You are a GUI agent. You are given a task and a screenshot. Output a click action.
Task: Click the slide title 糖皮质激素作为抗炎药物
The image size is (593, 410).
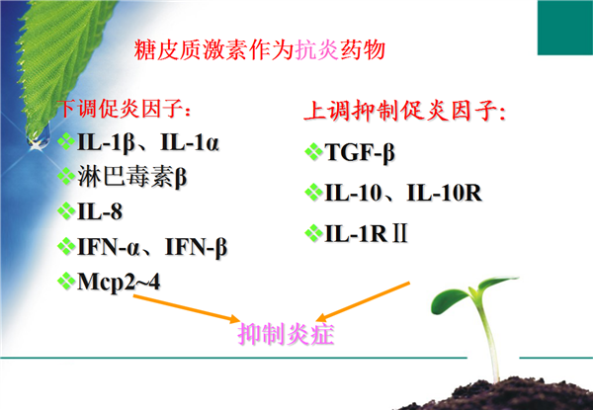coord(259,50)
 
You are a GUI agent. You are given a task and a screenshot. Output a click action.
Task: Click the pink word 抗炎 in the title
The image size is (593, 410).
coord(316,50)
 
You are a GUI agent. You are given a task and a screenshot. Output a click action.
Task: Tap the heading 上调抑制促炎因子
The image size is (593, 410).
coord(404,111)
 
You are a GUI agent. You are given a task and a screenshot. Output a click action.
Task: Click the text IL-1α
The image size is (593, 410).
coord(190,142)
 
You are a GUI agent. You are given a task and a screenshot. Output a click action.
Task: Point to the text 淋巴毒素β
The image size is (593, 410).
coord(132,177)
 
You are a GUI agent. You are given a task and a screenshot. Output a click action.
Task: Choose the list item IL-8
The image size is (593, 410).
coord(100,211)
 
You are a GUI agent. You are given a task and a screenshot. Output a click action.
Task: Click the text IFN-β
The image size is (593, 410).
coord(196,247)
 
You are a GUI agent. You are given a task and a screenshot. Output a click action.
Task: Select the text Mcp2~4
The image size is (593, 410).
coord(119,282)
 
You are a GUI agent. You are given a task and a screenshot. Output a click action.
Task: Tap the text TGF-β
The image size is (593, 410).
coord(360,152)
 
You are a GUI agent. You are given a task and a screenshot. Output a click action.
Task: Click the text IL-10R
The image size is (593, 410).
coord(445,193)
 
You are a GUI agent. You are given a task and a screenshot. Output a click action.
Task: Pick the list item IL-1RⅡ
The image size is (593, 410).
coord(366,233)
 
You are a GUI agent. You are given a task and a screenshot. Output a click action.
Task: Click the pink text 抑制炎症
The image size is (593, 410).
coord(286,335)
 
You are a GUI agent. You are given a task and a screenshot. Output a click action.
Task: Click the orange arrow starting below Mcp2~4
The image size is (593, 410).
coord(186,308)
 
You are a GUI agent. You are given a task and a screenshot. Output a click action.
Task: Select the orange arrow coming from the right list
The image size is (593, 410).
coord(363,301)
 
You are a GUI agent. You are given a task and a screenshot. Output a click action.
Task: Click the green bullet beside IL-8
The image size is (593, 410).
coord(66,210)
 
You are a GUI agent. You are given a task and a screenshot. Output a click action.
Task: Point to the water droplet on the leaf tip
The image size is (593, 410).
coord(38,137)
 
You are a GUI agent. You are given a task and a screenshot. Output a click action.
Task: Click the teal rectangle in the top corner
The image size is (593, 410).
coord(565,28)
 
